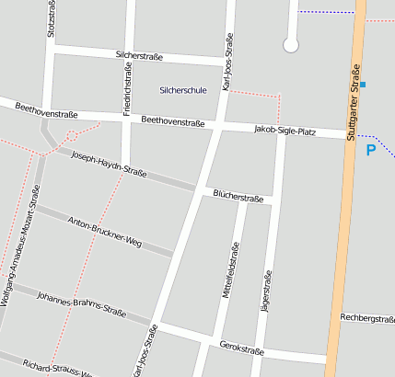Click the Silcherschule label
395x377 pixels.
tap(182, 90)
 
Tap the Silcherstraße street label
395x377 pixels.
tap(139, 56)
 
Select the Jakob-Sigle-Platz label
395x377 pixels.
tap(284, 131)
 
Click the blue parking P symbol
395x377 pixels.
tap(371, 150)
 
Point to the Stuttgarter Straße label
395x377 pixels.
tap(353, 103)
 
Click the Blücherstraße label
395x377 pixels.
tap(238, 196)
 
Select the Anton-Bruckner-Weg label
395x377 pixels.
tap(104, 233)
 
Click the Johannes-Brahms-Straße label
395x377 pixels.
tap(80, 303)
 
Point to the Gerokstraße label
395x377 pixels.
tap(242, 349)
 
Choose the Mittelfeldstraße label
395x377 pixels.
tap(231, 278)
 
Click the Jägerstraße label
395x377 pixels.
tap(268, 293)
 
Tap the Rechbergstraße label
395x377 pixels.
tap(366, 318)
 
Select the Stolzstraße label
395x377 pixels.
tap(50, 17)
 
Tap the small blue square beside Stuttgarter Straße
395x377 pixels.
tap(364, 85)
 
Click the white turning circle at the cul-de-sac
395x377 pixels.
tap(291, 44)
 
